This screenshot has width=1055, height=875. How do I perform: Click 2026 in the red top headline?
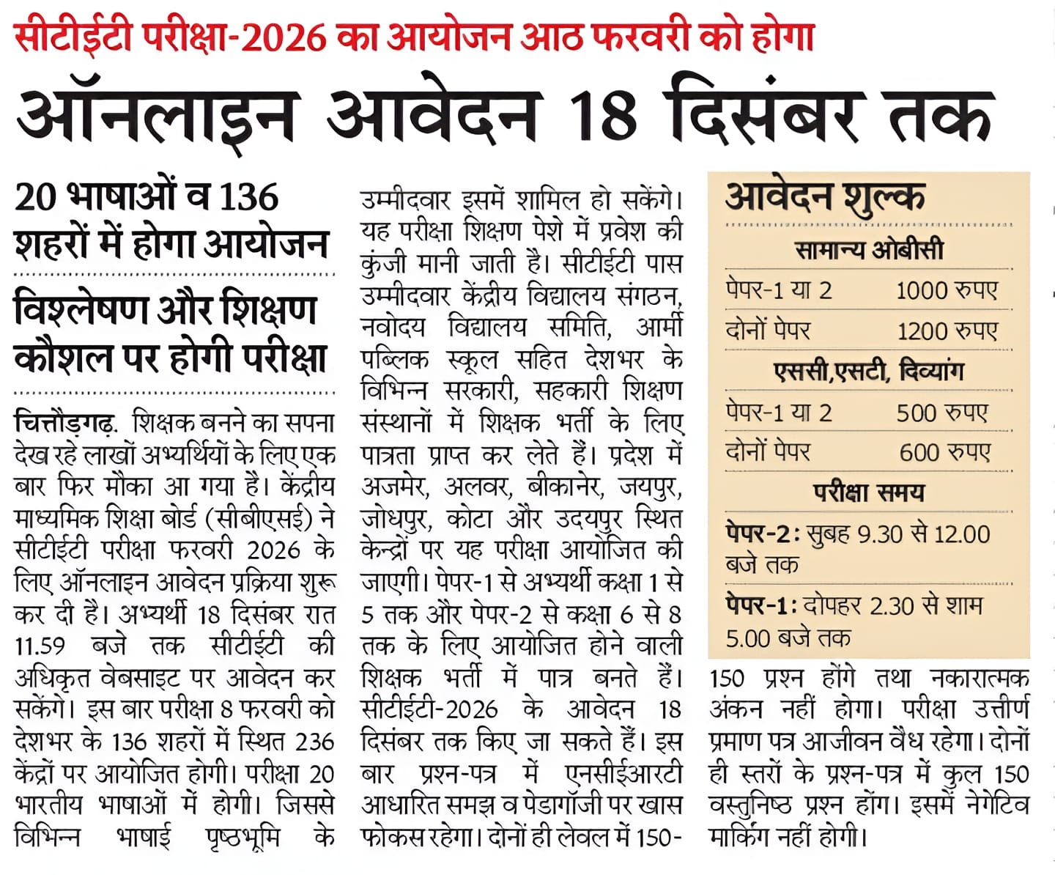click(284, 37)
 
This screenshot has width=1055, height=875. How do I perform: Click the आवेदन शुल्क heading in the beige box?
click(825, 196)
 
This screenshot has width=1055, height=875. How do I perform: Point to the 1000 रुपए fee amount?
click(946, 291)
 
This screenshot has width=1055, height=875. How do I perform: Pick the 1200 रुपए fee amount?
click(947, 331)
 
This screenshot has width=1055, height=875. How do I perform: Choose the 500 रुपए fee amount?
click(941, 413)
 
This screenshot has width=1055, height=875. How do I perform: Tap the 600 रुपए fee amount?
click(944, 452)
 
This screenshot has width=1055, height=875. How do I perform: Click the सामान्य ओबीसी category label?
click(869, 251)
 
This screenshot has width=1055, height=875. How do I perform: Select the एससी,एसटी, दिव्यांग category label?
click(869, 372)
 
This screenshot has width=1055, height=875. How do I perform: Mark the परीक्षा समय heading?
click(869, 492)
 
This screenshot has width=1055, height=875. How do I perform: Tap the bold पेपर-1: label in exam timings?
click(760, 606)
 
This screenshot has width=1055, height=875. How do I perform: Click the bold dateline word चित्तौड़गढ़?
click(64, 424)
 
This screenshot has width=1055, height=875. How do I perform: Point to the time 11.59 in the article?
click(40, 646)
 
